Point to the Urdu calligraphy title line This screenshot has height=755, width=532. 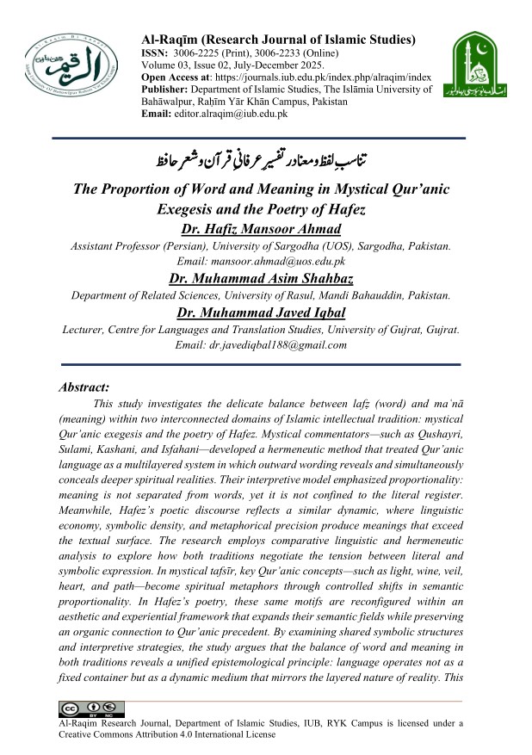click(x=264, y=160)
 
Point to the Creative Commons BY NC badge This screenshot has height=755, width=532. click(x=90, y=709)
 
